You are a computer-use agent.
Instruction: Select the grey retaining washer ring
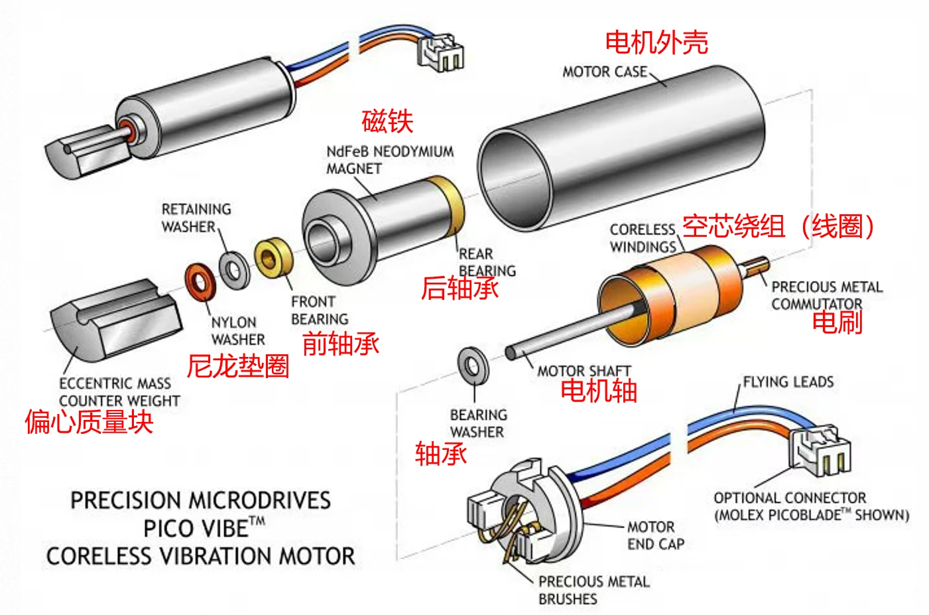click(234, 270)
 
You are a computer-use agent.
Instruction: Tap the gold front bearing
click(273, 257)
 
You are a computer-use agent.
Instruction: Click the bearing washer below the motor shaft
click(473, 366)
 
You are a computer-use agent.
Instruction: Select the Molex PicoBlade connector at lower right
click(820, 450)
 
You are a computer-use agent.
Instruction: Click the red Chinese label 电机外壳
click(656, 42)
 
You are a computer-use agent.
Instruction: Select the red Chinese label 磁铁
click(388, 121)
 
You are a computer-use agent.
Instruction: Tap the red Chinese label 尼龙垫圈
click(238, 366)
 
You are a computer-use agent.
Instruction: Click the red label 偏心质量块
click(90, 422)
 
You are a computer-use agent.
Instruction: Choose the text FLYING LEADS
click(788, 381)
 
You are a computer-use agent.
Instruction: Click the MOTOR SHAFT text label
click(584, 371)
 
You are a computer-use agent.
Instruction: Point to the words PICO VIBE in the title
click(197, 528)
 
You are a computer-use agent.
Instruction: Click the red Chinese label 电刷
click(837, 322)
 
